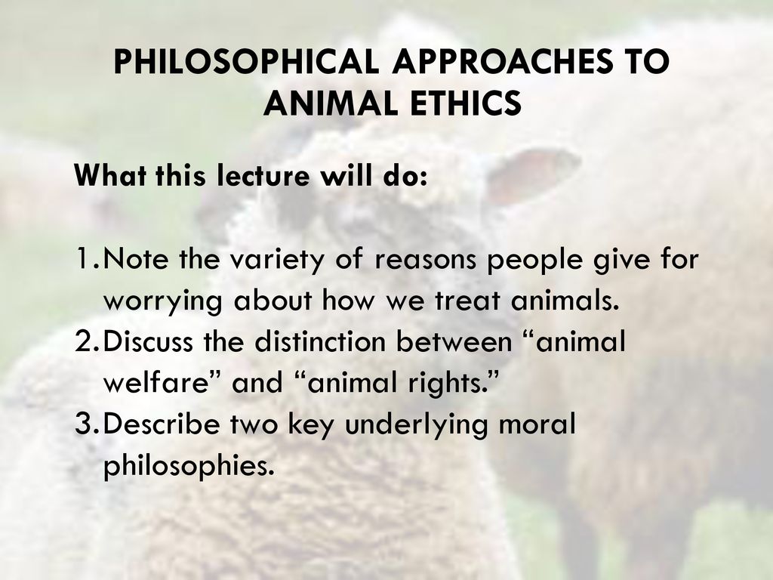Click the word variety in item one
tap(276, 260)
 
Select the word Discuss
tap(149, 341)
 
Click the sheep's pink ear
tap(532, 177)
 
